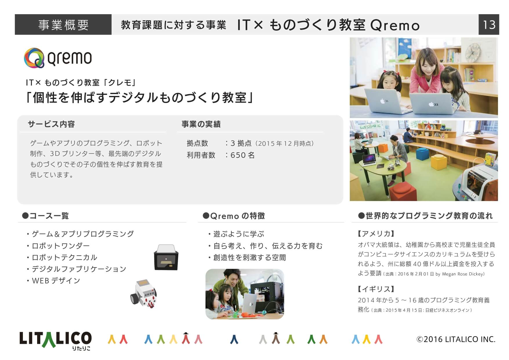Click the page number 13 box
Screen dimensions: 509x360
[489, 25]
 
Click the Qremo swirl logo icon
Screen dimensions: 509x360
[34, 58]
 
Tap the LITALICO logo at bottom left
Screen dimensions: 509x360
[55, 341]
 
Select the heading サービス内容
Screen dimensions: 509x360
[51, 124]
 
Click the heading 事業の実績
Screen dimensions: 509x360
[201, 124]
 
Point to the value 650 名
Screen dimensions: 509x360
[242, 155]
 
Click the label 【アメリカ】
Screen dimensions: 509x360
[376, 234]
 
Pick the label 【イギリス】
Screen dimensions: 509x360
[376, 289]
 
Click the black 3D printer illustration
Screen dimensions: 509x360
[166, 257]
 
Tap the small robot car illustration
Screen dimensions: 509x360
[144, 294]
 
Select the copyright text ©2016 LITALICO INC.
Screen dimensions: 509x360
[456, 339]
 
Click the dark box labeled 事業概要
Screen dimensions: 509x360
[63, 25]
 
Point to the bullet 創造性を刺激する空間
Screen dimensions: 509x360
[247, 257]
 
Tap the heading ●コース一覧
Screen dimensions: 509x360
[46, 216]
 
